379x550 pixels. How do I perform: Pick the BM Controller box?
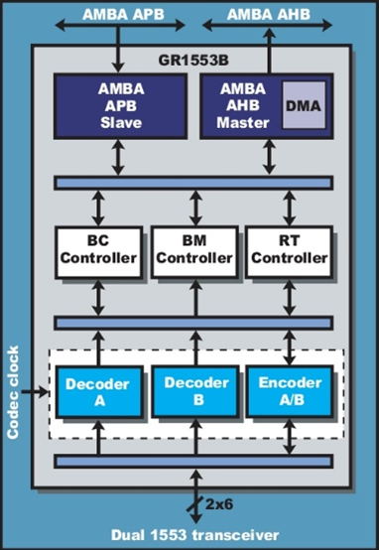(x=194, y=251)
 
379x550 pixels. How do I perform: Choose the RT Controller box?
(x=287, y=251)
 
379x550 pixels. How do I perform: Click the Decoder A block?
(x=97, y=391)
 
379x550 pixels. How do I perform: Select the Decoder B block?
(x=194, y=391)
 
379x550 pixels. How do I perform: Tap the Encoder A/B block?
(x=288, y=391)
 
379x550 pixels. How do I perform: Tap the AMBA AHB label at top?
(x=265, y=14)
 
